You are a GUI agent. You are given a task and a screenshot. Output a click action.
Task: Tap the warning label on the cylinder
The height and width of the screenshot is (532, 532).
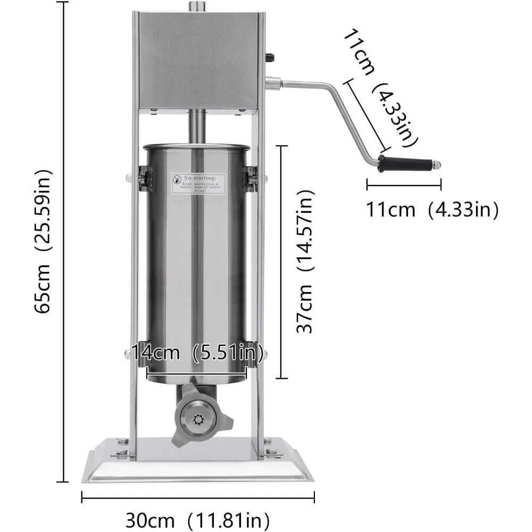[198, 184]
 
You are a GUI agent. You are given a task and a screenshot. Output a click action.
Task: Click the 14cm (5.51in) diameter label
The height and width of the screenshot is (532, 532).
[197, 352]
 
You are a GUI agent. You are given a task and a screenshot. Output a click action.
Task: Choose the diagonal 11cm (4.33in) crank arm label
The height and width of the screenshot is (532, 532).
[381, 88]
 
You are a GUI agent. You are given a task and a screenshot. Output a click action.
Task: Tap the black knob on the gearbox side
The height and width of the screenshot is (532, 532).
[270, 57]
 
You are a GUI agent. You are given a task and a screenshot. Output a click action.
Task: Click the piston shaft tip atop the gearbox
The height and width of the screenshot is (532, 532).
[198, 6]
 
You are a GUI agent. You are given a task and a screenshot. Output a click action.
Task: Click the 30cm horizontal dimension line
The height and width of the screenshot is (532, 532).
[197, 497]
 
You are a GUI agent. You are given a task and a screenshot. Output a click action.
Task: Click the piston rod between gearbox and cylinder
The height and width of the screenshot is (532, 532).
[198, 126]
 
